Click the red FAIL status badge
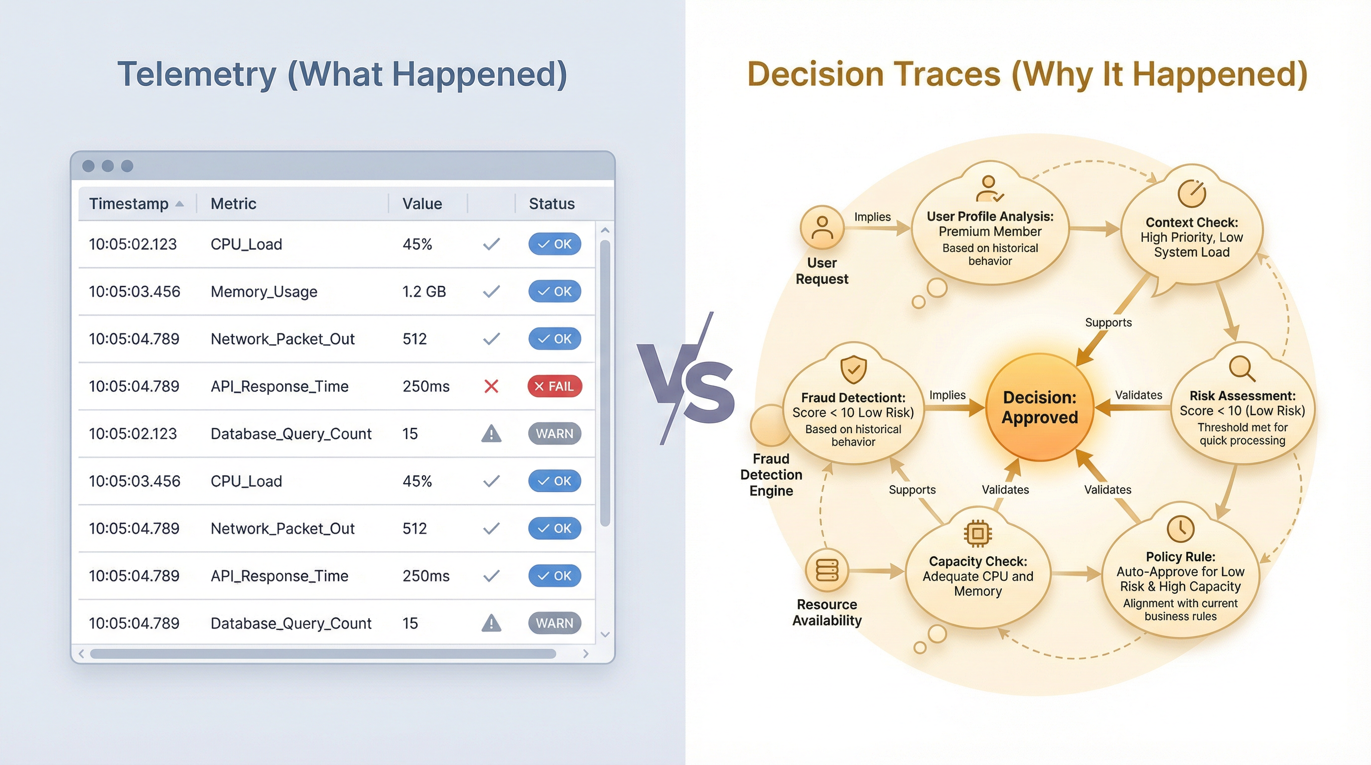point(554,386)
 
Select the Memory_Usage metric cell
point(264,291)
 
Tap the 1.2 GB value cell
point(424,291)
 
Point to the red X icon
point(491,386)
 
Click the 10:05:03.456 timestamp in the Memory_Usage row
point(135,291)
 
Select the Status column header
point(552,204)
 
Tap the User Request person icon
point(823,228)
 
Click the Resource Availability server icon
point(827,570)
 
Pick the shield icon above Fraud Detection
point(853,369)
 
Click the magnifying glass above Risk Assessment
point(1242,369)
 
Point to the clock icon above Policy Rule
point(1181,528)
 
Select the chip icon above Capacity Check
point(978,533)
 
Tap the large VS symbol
point(686,379)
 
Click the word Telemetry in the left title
point(197,75)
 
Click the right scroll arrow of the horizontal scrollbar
point(585,653)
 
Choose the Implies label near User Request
point(872,217)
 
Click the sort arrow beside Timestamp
point(179,204)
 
